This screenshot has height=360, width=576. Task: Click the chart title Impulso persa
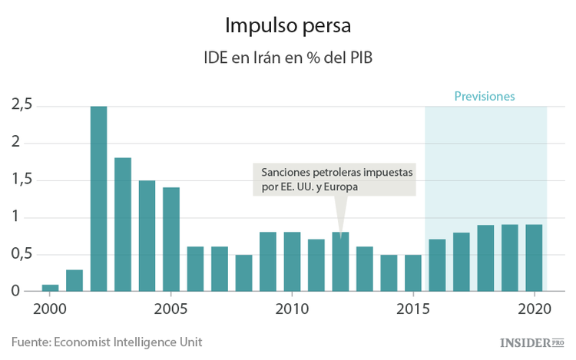(287, 25)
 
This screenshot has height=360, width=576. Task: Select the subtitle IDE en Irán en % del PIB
(287, 58)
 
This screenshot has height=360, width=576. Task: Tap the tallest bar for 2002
(98, 200)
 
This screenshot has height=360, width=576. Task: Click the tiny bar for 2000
(50, 288)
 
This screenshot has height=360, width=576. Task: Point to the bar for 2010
(292, 262)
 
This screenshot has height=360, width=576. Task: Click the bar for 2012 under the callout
(340, 262)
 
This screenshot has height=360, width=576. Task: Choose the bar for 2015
(413, 273)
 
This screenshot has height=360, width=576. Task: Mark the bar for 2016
(437, 266)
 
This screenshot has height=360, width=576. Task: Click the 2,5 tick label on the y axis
(22, 106)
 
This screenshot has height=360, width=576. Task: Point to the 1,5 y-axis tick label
(22, 180)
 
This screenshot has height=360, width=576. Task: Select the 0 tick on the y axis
(15, 292)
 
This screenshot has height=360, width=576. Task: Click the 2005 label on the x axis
(171, 310)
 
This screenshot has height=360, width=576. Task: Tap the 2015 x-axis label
(413, 310)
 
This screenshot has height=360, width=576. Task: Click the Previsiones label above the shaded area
(484, 97)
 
